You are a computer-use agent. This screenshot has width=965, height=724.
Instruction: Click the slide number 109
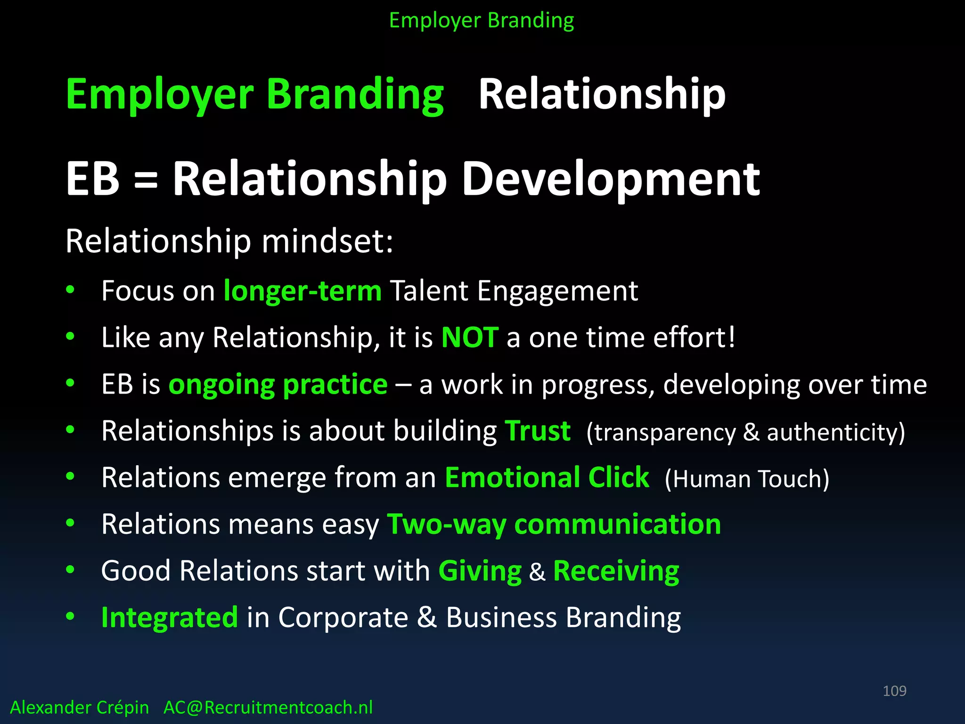894,691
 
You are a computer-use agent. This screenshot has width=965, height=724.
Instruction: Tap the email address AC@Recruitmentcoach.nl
268,708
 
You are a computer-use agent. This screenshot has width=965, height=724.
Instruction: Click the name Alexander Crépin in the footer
79,708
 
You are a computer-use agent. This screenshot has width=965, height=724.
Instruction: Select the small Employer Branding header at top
482,21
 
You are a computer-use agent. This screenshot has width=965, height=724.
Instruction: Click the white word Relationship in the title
602,94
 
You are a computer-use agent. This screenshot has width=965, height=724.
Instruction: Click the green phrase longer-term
302,291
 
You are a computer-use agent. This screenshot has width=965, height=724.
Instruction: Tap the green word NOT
469,337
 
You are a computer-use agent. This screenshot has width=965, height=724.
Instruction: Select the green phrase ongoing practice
278,385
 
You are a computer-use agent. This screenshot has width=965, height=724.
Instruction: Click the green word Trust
538,431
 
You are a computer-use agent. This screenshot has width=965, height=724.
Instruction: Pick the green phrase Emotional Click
547,477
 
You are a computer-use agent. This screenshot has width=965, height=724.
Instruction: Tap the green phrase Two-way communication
554,524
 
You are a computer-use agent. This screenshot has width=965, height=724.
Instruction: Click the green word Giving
480,571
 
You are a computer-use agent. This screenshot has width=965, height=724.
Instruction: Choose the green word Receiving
616,571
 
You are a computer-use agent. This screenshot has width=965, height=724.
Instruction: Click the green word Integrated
170,617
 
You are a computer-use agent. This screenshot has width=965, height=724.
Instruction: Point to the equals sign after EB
146,181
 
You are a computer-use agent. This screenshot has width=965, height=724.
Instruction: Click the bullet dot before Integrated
70,616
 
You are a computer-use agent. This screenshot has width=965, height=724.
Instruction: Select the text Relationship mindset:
229,241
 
